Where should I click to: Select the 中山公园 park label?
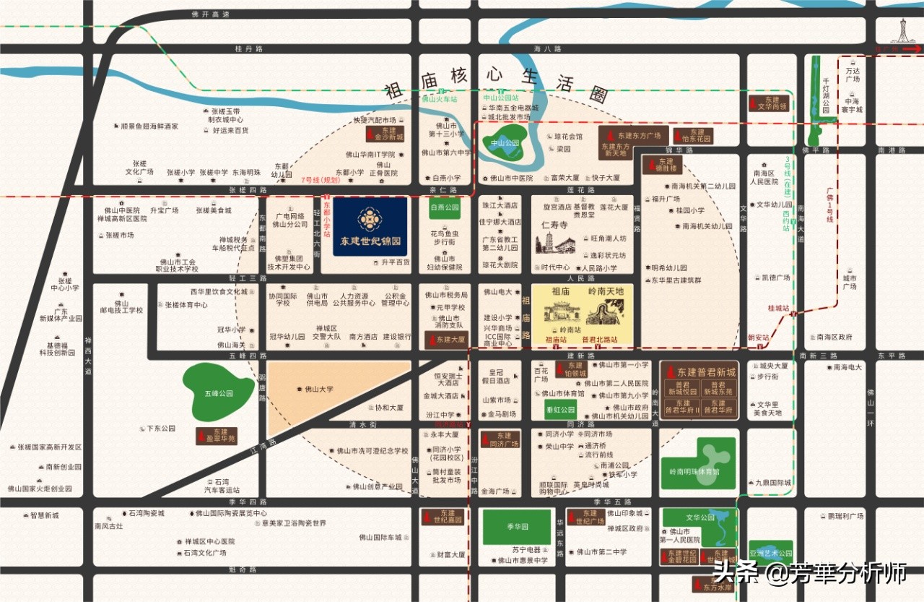coord(505,143)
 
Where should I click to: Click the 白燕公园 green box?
coord(445,207)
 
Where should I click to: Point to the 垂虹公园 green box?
coord(559,410)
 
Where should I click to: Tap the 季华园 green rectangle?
coord(516,527)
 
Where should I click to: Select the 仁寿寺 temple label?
coord(555,225)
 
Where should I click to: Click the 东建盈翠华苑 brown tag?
coord(217,436)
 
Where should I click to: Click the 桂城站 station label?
coord(778,308)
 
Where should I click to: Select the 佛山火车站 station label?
coord(440,99)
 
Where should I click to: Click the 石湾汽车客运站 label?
coord(222,486)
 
